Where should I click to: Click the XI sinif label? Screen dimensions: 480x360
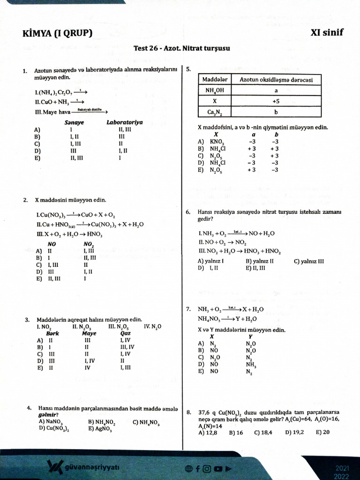pyautogui.click(x=326, y=32)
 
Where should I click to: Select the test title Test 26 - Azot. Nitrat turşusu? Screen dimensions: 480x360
pyautogui.click(x=181, y=48)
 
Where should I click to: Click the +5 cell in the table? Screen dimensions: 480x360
pyautogui.click(x=276, y=101)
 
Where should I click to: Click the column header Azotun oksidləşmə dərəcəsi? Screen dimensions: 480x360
pyautogui.click(x=276, y=80)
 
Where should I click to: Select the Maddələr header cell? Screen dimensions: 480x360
pyautogui.click(x=215, y=80)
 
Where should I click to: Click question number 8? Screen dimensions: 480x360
pyautogui.click(x=188, y=412)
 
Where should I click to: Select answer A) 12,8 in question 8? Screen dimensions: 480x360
pyautogui.click(x=208, y=433)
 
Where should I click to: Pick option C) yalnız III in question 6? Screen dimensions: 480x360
pyautogui.click(x=309, y=261)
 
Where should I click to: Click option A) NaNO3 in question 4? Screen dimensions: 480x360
pyautogui.click(x=51, y=421)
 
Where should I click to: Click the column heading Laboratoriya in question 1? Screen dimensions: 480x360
pyautogui.click(x=125, y=122)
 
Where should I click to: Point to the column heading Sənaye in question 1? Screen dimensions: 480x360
pyautogui.click(x=74, y=122)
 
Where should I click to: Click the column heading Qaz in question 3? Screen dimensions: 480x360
pyautogui.click(x=125, y=333)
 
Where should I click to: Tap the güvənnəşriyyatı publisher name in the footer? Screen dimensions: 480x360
pyautogui.click(x=93, y=467)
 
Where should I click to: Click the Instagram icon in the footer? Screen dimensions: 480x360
pyautogui.click(x=207, y=468)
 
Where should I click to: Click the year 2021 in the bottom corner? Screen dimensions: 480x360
pyautogui.click(x=342, y=468)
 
